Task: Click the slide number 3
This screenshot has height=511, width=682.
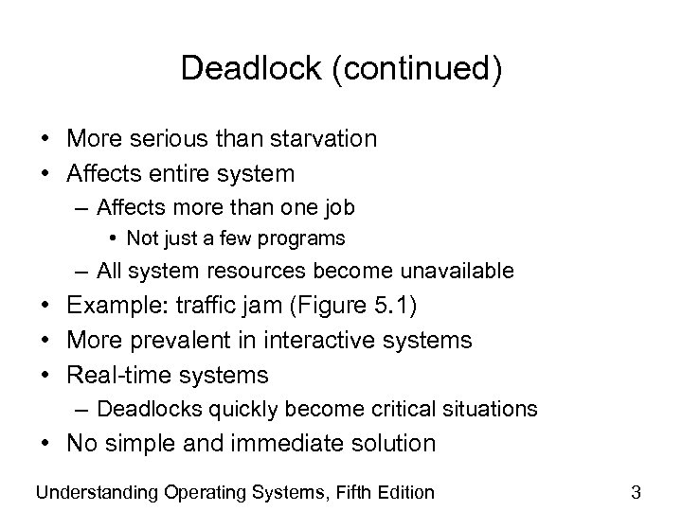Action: (637, 491)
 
